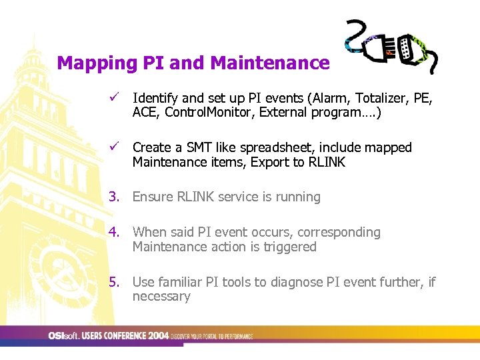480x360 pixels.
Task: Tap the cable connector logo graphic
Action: (391, 45)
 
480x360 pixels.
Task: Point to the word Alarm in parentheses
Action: (332, 99)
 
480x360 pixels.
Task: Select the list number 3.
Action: (115, 197)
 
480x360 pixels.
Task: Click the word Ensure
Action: (153, 197)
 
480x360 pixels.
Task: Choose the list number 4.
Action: (115, 233)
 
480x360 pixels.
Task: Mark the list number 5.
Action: (115, 282)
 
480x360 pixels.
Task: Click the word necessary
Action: (161, 297)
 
